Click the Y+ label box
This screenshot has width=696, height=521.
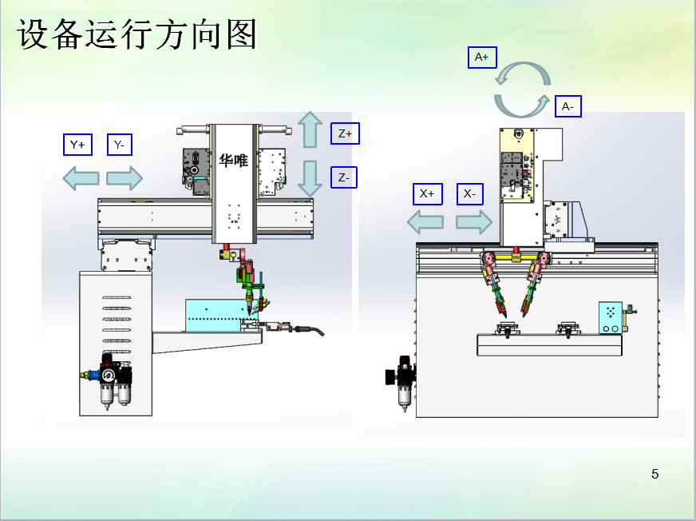coord(77,145)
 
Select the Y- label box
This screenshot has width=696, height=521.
coord(120,145)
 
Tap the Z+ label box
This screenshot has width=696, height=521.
coord(345,133)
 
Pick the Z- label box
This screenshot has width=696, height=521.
coord(344,177)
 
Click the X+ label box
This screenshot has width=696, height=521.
coord(428,193)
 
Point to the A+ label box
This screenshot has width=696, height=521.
coord(481,58)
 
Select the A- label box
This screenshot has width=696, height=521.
coord(567,105)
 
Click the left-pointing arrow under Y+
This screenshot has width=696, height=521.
coord(81,177)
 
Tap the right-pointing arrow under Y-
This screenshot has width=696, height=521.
coord(125,177)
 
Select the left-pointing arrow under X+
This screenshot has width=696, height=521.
coord(425,221)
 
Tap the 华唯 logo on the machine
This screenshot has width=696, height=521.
coord(234,160)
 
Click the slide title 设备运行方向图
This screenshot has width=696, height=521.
coord(137,34)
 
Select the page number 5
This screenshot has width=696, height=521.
coord(655,474)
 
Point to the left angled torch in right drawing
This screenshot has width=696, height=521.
coord(492,284)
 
